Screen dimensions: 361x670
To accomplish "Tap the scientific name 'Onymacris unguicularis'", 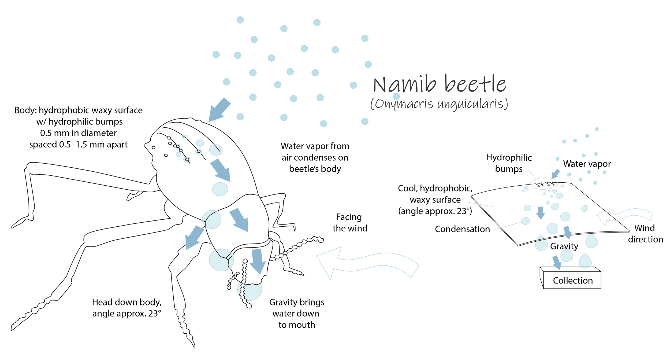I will coord(439,104).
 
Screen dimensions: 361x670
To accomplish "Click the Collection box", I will coord(572,280).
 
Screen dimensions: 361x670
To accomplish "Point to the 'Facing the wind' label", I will coord(349,223).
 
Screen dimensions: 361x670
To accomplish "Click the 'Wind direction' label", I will coord(645,234).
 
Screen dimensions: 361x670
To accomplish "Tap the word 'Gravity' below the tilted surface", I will coord(564,246).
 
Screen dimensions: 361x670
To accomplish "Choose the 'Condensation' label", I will coord(462,229).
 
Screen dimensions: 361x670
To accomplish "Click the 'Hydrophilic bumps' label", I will coord(508,163).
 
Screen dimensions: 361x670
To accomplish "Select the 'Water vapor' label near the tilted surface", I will coord(587,164).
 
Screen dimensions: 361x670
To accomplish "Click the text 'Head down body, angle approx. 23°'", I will coord(126,308).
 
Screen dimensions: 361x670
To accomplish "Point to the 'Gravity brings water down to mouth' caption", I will coord(296,313).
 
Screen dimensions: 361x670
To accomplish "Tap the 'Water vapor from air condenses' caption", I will coord(315,157).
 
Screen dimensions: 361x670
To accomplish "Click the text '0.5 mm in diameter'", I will coord(78,133).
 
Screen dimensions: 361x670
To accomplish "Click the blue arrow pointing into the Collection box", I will coord(556,263).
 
